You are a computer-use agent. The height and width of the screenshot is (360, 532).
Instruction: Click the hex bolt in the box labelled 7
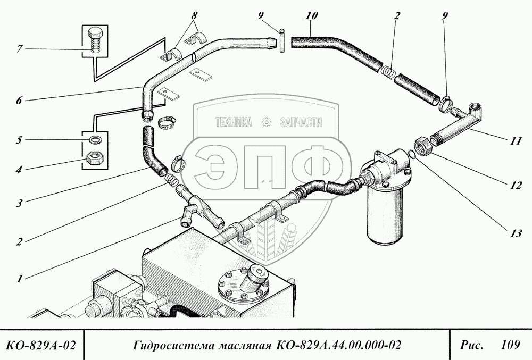[95, 40]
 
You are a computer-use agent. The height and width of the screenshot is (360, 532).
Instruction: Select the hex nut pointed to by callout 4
[95, 158]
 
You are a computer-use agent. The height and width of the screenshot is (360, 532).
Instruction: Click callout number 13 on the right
[516, 233]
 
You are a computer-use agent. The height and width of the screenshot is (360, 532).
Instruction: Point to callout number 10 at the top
[311, 15]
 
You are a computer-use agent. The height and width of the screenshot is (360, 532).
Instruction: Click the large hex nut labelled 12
[422, 146]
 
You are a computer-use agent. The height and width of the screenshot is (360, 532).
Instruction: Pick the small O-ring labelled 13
[411, 154]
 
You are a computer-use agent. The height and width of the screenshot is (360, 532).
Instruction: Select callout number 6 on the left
[19, 101]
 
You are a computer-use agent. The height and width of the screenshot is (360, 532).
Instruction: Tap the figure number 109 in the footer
[510, 345]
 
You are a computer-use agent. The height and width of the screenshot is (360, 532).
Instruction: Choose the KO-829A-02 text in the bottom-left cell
[41, 345]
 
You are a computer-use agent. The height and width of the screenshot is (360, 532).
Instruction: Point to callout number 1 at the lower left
[20, 279]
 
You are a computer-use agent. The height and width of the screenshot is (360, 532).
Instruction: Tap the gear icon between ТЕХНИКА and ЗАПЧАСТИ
[267, 122]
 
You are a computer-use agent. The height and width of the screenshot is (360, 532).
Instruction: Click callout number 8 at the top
[194, 15]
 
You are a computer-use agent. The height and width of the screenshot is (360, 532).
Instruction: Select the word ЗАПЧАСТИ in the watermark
[301, 122]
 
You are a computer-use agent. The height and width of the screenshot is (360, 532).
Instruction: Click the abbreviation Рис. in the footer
[471, 345]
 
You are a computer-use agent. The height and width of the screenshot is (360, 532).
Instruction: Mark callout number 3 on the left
[19, 203]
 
